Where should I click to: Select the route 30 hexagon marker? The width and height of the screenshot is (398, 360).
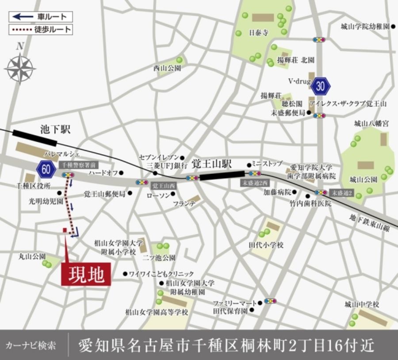[x=321, y=86]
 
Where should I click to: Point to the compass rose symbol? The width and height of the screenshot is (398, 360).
[x=20, y=68]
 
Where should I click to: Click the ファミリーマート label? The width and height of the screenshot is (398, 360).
[x=234, y=303]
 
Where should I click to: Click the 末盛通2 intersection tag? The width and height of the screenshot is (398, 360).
[x=344, y=192]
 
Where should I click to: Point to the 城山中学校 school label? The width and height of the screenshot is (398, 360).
[x=362, y=304]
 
